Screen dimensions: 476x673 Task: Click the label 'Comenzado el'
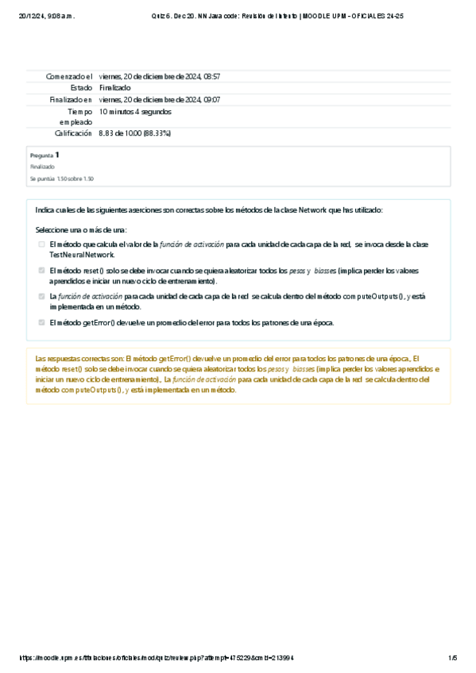(x=70, y=76)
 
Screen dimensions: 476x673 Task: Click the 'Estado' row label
(x=81, y=88)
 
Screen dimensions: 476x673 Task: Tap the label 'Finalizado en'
(x=71, y=100)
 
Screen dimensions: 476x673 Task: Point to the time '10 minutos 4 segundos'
(x=134, y=112)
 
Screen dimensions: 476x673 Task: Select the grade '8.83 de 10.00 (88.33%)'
(x=135, y=133)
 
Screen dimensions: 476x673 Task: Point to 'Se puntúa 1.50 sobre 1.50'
(x=62, y=179)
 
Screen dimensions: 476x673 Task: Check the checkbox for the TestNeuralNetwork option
(x=42, y=244)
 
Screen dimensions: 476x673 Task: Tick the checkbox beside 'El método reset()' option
(x=42, y=271)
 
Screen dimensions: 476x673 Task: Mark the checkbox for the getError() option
(x=42, y=323)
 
